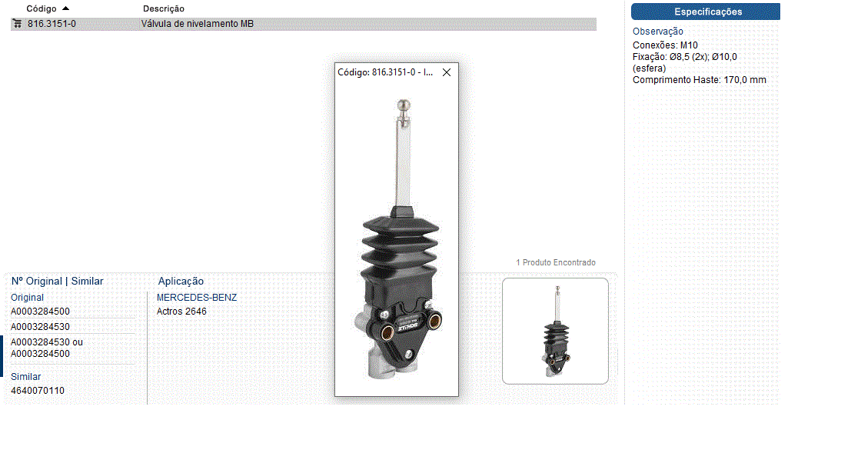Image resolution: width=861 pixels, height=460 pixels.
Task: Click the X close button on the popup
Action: point(447,72)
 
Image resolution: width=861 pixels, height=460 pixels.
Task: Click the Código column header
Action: point(42,8)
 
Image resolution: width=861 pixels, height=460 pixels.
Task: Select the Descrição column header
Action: point(164,8)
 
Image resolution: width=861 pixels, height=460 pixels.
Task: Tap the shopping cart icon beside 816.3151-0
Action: point(18,24)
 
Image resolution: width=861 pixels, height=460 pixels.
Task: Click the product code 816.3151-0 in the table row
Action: point(52,24)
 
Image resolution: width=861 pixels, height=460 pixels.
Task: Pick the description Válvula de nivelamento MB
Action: point(197,24)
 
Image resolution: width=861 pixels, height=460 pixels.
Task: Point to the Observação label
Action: point(658,32)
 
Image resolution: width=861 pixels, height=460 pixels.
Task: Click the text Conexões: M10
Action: point(665,45)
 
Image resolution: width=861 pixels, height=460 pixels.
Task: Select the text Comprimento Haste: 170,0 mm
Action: point(699,80)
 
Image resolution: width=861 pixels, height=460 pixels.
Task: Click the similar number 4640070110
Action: point(38,391)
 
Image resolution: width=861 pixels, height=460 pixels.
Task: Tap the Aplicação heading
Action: point(181,281)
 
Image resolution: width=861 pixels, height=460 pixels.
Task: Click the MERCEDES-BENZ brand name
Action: point(197,298)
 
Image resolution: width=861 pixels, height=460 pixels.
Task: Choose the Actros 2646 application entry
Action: point(181,311)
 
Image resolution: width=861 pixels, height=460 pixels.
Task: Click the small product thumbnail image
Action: point(555,331)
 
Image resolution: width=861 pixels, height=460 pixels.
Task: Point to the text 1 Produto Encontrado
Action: point(556,263)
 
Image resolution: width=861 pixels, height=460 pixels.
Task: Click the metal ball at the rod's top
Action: point(404,105)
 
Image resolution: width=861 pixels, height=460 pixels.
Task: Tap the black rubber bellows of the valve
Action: point(401,248)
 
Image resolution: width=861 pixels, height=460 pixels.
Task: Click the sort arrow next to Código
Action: point(66,8)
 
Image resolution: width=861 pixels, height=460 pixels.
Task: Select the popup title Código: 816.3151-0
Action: point(385,72)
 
